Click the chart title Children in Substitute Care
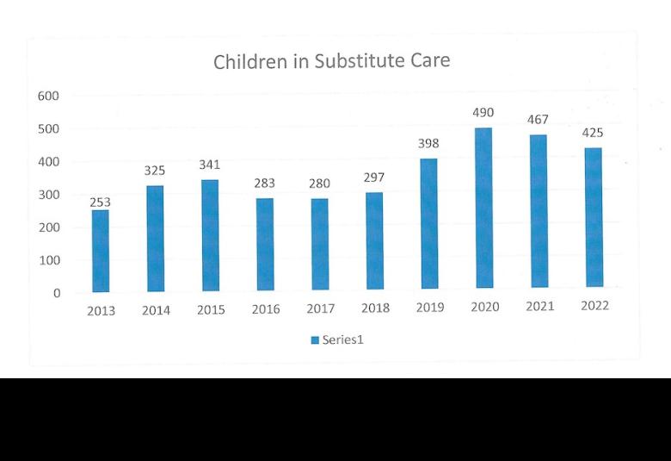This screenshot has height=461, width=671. tap(332, 61)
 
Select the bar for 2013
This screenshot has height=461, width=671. tap(101, 251)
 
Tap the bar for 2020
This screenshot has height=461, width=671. tap(484, 208)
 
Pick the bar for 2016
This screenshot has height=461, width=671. tap(265, 244)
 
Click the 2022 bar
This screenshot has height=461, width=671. tap(594, 217)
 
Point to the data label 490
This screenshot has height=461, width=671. tap(483, 112)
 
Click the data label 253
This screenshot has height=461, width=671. tap(100, 202)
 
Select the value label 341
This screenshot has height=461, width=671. tap(209, 165)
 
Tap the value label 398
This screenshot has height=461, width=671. tap(428, 143)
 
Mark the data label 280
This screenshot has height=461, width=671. tap(320, 184)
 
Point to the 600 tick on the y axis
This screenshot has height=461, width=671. tap(48, 96)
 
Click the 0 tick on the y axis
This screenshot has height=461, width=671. tap(57, 293)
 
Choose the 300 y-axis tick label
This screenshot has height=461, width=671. tap(49, 195)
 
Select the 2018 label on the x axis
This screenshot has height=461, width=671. tap(375, 308)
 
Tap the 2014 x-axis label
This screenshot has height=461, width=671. tap(156, 310)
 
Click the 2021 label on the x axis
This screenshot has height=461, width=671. tap(540, 306)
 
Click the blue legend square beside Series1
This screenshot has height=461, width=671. tap(315, 340)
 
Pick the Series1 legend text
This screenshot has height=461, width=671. tap(342, 340)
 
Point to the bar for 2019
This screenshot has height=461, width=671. tap(429, 223)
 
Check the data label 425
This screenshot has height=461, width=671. tap(593, 133)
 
